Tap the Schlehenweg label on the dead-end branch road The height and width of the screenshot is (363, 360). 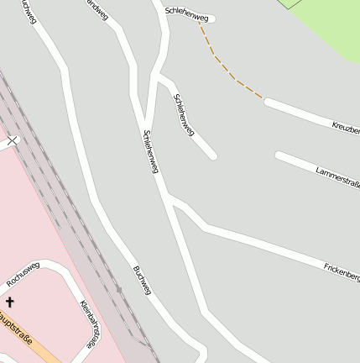coord(184,114)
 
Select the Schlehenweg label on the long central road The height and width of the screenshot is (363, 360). coord(150,151)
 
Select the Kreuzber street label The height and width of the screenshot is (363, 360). coord(345,128)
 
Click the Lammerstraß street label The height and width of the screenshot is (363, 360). coord(337,177)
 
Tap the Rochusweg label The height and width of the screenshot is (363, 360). coord(23,273)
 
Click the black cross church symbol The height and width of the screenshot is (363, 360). coord(10,301)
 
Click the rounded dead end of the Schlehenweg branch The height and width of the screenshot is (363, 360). coord(213,155)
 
